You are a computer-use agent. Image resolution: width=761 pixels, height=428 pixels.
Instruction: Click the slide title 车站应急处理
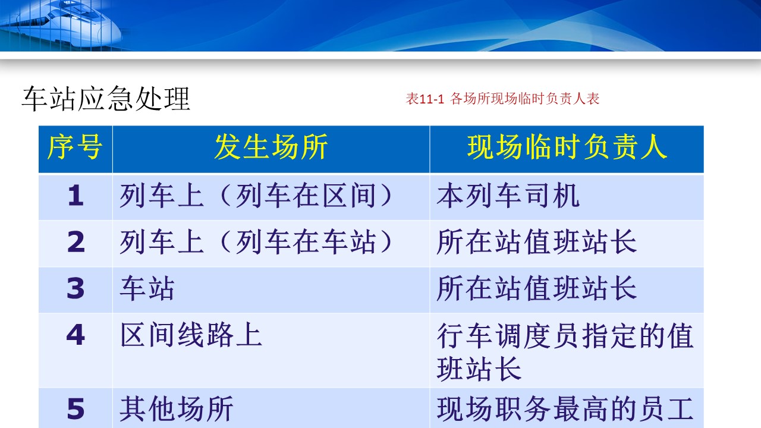(x=106, y=99)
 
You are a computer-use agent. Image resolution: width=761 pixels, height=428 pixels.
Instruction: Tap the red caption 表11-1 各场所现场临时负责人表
(x=502, y=99)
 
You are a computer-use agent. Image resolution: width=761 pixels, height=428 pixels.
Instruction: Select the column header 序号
(x=75, y=147)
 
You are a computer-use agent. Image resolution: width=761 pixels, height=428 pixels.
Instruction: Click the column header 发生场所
(x=271, y=147)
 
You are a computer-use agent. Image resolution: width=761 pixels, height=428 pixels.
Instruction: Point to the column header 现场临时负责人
(x=567, y=147)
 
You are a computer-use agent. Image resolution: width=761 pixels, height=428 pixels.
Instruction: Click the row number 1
(x=76, y=196)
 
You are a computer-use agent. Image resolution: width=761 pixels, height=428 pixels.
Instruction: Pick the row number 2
(x=76, y=242)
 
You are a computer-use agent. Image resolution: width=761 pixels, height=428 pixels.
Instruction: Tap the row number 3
(x=76, y=288)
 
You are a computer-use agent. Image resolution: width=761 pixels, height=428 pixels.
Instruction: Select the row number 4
(x=76, y=335)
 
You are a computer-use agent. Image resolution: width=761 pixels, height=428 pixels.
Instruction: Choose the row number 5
(x=76, y=408)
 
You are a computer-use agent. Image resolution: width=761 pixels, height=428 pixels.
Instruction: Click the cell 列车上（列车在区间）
(x=257, y=196)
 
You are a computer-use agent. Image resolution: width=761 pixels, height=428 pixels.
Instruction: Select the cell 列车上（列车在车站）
(x=257, y=242)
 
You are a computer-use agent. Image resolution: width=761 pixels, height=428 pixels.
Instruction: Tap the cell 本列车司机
(x=508, y=196)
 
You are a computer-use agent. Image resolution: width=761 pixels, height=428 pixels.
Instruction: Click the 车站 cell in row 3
(x=147, y=288)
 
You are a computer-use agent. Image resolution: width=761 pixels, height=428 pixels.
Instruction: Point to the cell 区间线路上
(x=191, y=335)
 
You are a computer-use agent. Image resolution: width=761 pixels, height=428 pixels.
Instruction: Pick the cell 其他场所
(x=177, y=408)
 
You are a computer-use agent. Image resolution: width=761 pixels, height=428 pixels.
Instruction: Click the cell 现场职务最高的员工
(x=565, y=408)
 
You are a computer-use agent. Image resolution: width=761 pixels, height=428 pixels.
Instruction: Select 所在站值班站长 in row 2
(x=536, y=242)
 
